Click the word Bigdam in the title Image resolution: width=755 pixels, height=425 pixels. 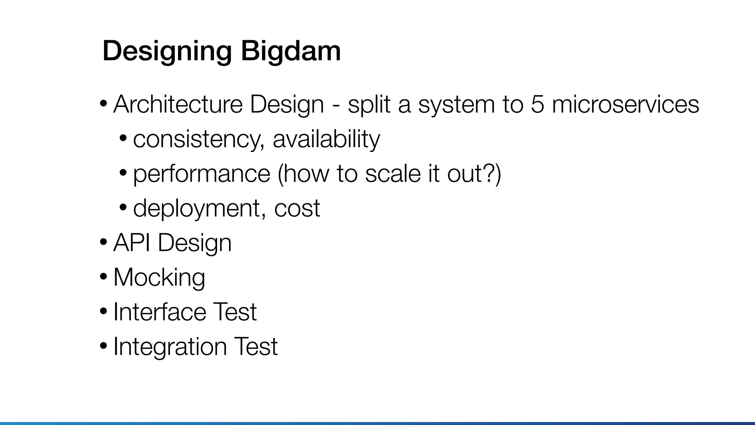(x=290, y=51)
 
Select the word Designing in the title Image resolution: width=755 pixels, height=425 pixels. (x=167, y=51)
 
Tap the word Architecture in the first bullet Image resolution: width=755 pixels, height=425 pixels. (x=178, y=104)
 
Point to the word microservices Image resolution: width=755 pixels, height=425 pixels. (x=625, y=104)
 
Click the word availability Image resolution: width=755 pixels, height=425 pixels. (x=326, y=139)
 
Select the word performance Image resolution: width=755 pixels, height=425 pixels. (x=202, y=174)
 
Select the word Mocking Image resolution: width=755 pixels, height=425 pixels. (x=159, y=277)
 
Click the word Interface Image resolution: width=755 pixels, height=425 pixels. (x=160, y=312)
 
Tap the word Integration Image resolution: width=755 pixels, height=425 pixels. (x=170, y=346)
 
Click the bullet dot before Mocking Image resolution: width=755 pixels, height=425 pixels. (x=104, y=277)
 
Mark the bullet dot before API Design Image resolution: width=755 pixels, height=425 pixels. (x=104, y=242)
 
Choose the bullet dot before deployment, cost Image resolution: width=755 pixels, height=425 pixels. (x=123, y=208)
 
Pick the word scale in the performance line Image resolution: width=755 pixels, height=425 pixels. (x=393, y=174)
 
